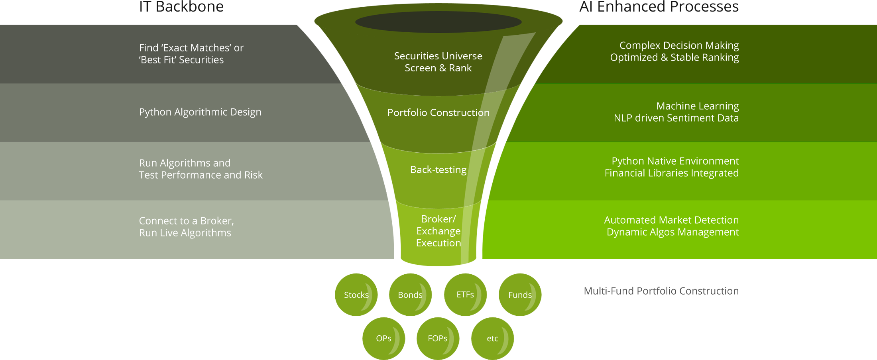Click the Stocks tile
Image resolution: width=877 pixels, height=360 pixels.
356,295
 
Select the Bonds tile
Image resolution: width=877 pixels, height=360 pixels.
410,295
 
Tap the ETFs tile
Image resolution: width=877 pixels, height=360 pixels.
465,295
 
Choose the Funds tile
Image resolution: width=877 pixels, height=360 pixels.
520,295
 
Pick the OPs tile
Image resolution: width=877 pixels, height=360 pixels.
383,338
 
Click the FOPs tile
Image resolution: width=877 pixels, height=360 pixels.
438,338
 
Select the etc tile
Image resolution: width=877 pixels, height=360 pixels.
492,338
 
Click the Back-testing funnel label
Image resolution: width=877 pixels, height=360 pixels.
438,170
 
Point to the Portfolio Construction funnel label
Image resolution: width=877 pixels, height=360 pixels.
438,113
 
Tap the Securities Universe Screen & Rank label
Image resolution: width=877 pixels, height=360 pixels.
438,62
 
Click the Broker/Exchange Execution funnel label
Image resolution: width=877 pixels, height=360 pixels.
438,231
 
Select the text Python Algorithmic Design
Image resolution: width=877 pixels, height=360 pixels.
200,112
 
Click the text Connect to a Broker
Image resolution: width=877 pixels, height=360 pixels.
186,221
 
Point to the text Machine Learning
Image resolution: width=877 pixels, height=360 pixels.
697,106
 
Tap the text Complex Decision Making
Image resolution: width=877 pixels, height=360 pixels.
679,45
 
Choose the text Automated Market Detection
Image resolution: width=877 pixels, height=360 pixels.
671,220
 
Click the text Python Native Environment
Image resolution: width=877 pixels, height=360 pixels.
675,161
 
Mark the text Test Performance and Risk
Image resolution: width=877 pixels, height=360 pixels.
201,175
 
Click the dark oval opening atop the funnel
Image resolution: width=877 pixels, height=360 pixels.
438,22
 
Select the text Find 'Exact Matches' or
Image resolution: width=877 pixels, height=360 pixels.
191,48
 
